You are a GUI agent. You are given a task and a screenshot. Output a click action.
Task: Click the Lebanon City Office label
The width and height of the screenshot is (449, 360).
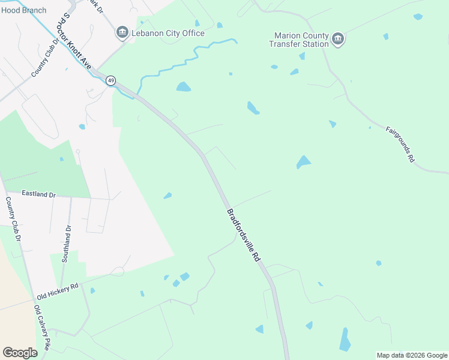pyautogui.click(x=168, y=33)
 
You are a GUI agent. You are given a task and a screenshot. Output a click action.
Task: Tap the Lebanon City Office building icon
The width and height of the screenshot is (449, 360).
pyautogui.click(x=122, y=32)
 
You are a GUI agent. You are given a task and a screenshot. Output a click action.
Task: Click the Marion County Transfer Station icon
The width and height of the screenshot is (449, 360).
pyautogui.click(x=338, y=40)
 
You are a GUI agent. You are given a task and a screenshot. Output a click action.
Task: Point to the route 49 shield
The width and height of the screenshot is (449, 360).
pyautogui.click(x=111, y=80)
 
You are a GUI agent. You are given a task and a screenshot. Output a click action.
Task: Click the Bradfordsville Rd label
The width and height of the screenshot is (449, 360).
pyautogui.click(x=243, y=235)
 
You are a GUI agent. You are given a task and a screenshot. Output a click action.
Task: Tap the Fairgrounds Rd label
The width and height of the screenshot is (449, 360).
pyautogui.click(x=400, y=144)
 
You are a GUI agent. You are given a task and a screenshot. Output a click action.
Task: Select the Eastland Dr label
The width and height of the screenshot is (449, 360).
pyautogui.click(x=38, y=194)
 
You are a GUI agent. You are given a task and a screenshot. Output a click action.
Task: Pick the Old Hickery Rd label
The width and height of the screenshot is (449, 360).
pyautogui.click(x=58, y=292)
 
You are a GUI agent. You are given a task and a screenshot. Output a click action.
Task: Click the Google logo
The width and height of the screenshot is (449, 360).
pyautogui.click(x=20, y=353)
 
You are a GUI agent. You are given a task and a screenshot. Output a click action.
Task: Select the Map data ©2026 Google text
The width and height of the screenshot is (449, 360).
pyautogui.click(x=412, y=355)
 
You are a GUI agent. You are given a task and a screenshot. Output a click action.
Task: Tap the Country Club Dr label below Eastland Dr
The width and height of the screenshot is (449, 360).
pyautogui.click(x=13, y=220)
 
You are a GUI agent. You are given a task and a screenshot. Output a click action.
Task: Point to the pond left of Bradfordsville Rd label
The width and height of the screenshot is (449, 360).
pyautogui.click(x=167, y=195)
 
